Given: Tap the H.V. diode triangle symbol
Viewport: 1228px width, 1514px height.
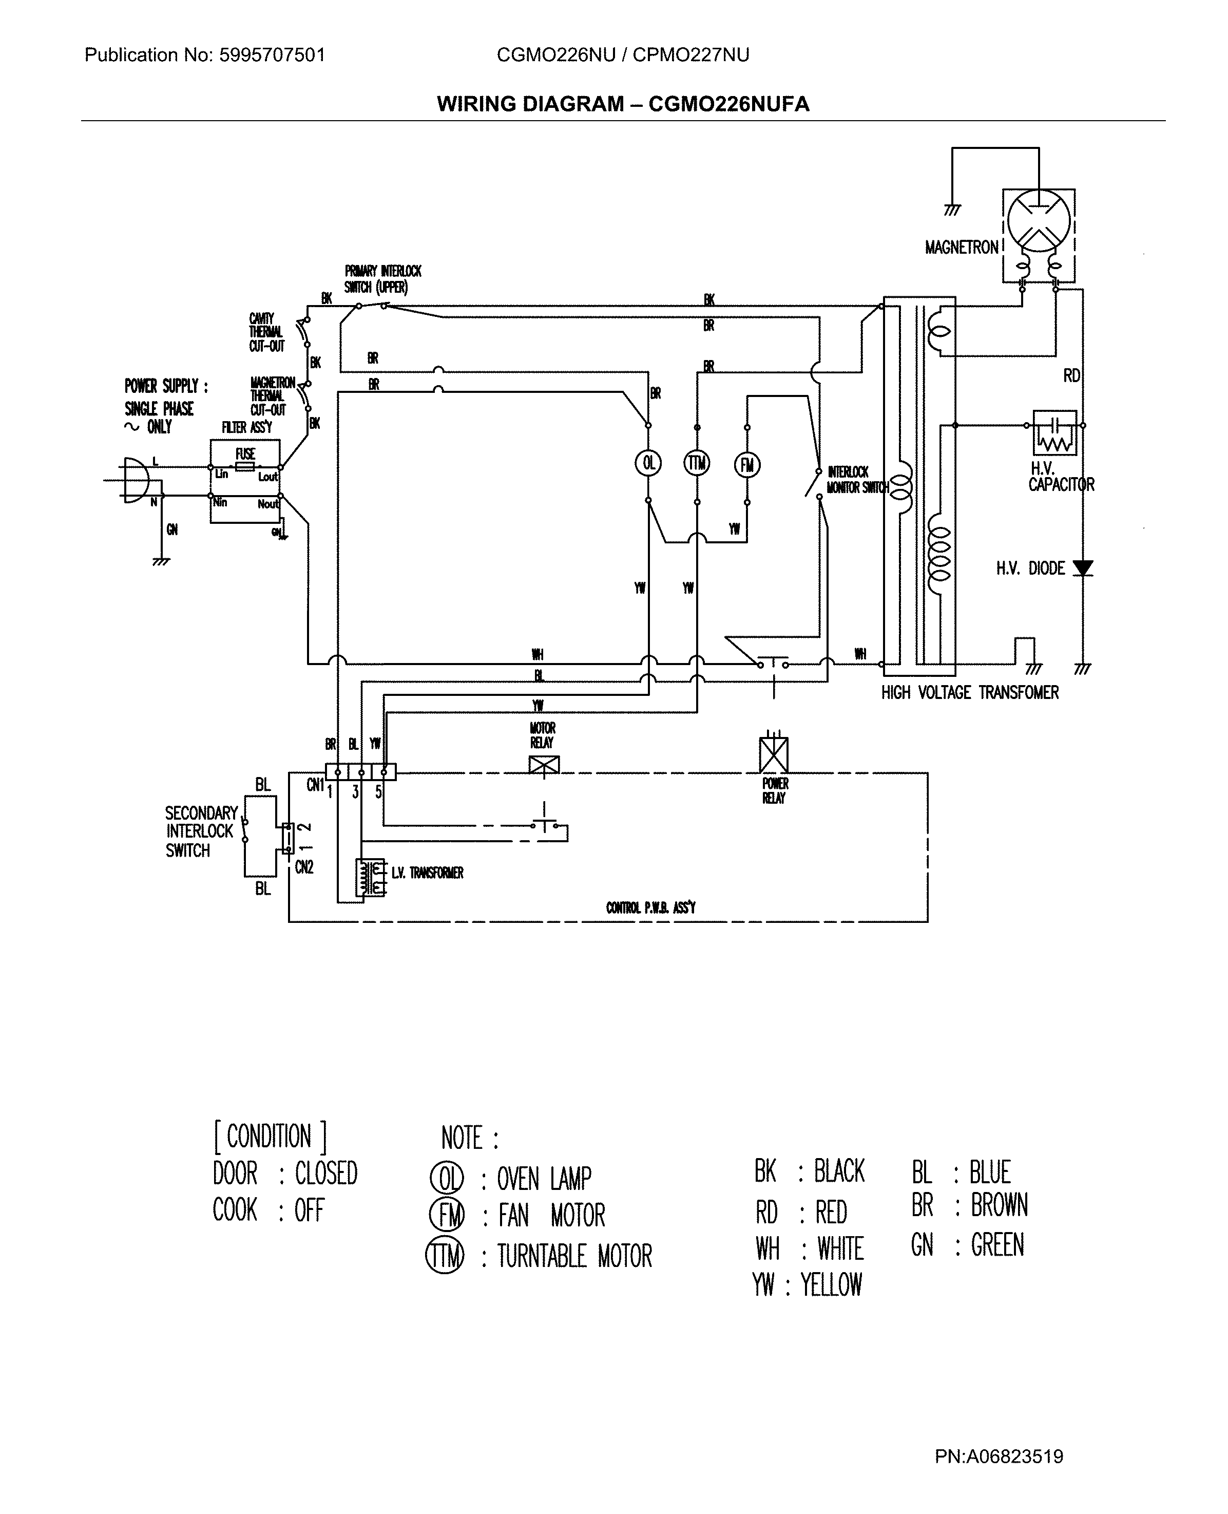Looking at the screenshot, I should coord(1082,568).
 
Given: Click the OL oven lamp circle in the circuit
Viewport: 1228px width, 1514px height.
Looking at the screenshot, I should coord(648,463).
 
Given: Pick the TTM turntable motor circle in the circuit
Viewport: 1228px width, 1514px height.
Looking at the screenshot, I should coord(697,463).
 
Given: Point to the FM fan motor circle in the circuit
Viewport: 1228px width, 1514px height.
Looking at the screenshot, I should coord(747,465).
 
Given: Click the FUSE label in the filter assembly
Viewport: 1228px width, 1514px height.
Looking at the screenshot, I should coord(245,453).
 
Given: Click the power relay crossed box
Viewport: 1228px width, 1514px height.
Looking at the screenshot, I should coord(773,755).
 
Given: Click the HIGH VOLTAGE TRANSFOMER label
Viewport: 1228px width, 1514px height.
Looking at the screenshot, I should coord(969,693).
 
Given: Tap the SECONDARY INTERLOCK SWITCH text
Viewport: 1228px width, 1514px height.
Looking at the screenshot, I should coord(200,831).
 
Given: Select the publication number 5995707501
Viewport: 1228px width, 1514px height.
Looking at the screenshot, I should coord(272,55).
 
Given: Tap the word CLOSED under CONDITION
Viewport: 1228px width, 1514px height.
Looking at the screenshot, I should coord(326,1174).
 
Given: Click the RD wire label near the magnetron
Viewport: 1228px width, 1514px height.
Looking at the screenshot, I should coord(1071,375).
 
